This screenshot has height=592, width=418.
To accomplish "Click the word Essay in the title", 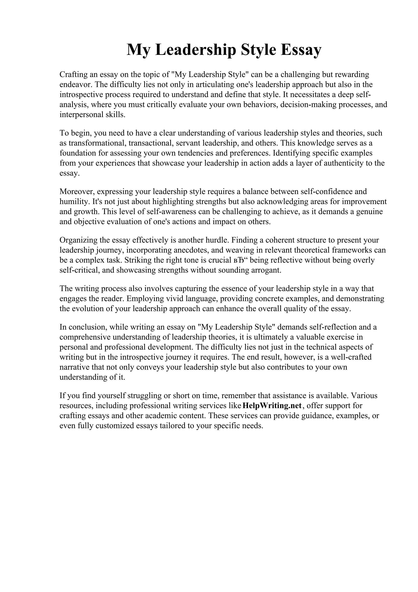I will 301,50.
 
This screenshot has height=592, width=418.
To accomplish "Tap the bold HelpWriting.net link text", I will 272,405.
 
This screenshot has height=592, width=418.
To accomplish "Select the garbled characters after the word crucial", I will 240,260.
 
